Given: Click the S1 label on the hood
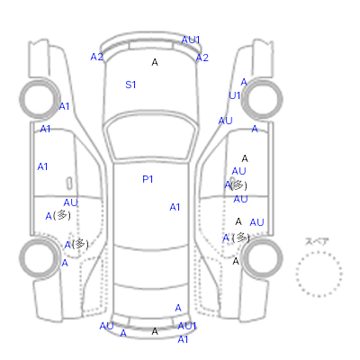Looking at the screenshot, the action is [130, 85].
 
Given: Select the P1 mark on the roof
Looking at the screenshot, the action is [148, 179].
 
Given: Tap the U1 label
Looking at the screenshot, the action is [234, 95].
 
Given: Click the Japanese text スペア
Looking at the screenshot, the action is [317, 241].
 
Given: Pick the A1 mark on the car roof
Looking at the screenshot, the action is [175, 207].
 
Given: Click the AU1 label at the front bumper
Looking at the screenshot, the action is [191, 40].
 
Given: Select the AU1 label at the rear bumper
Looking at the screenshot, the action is [187, 326].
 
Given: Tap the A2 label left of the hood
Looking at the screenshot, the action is [96, 57].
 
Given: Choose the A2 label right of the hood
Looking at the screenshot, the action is [202, 58].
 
